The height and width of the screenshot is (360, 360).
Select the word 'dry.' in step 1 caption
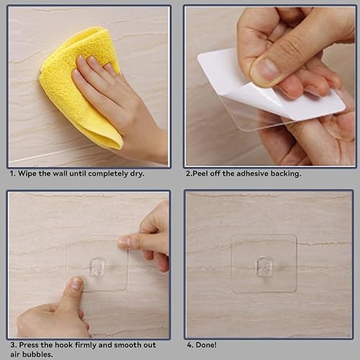click(137, 174)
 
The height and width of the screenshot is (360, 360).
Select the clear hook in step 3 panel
click(98, 266)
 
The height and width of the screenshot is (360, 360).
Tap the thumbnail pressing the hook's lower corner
click(76, 284)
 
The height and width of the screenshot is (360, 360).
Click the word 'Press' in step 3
click(29, 345)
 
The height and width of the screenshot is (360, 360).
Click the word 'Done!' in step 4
click(206, 345)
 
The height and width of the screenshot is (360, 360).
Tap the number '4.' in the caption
click(190, 345)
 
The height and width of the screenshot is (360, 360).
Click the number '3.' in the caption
click(14, 345)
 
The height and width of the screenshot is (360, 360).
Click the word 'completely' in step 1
click(108, 174)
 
